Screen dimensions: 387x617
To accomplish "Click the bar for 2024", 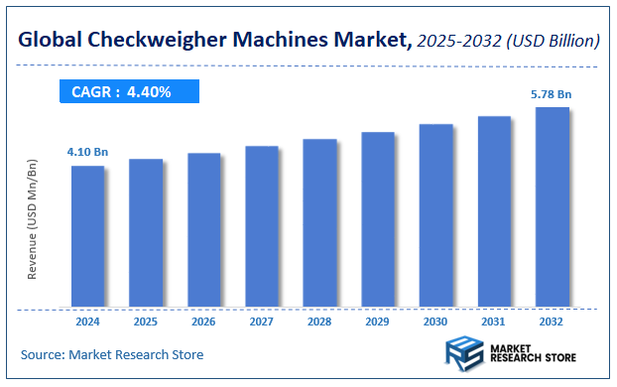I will point(87,236).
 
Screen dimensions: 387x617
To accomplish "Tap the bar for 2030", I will point(436,215).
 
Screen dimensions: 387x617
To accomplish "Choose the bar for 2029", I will point(378,219).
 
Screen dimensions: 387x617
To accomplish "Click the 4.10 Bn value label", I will point(87,152).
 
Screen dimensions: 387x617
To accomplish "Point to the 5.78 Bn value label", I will point(551,93).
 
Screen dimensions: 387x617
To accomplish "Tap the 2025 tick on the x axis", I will point(146,322).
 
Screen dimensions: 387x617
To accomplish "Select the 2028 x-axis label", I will point(319,322).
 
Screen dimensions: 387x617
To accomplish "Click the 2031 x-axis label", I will point(494,322).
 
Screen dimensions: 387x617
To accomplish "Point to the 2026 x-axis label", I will point(203,322).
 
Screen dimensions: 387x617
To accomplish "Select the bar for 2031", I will point(494,211).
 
